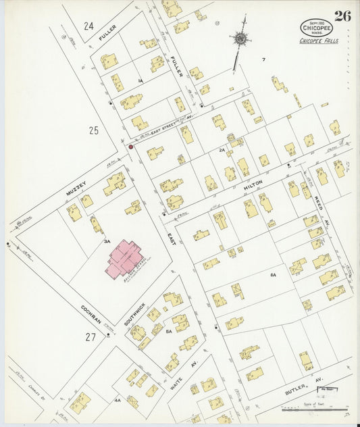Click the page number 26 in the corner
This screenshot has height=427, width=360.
tap(342, 16)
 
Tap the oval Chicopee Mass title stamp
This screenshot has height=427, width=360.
tap(316, 28)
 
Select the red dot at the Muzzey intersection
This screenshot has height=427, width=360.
tap(130, 146)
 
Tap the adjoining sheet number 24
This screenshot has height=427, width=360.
tap(88, 26)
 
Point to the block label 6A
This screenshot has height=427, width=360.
tap(274, 276)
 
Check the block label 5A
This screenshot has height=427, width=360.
tap(169, 331)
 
